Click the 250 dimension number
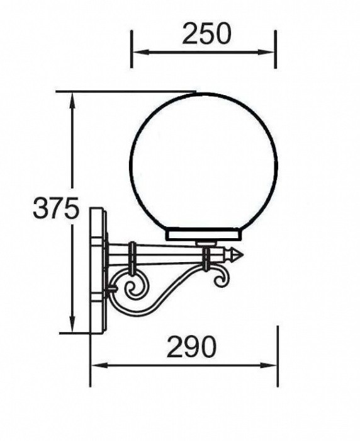206,33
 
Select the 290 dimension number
192,346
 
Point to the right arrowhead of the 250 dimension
266,52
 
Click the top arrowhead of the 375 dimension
72,101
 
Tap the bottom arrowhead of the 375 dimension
72,324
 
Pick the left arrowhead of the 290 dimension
100,365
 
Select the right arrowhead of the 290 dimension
269,365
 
